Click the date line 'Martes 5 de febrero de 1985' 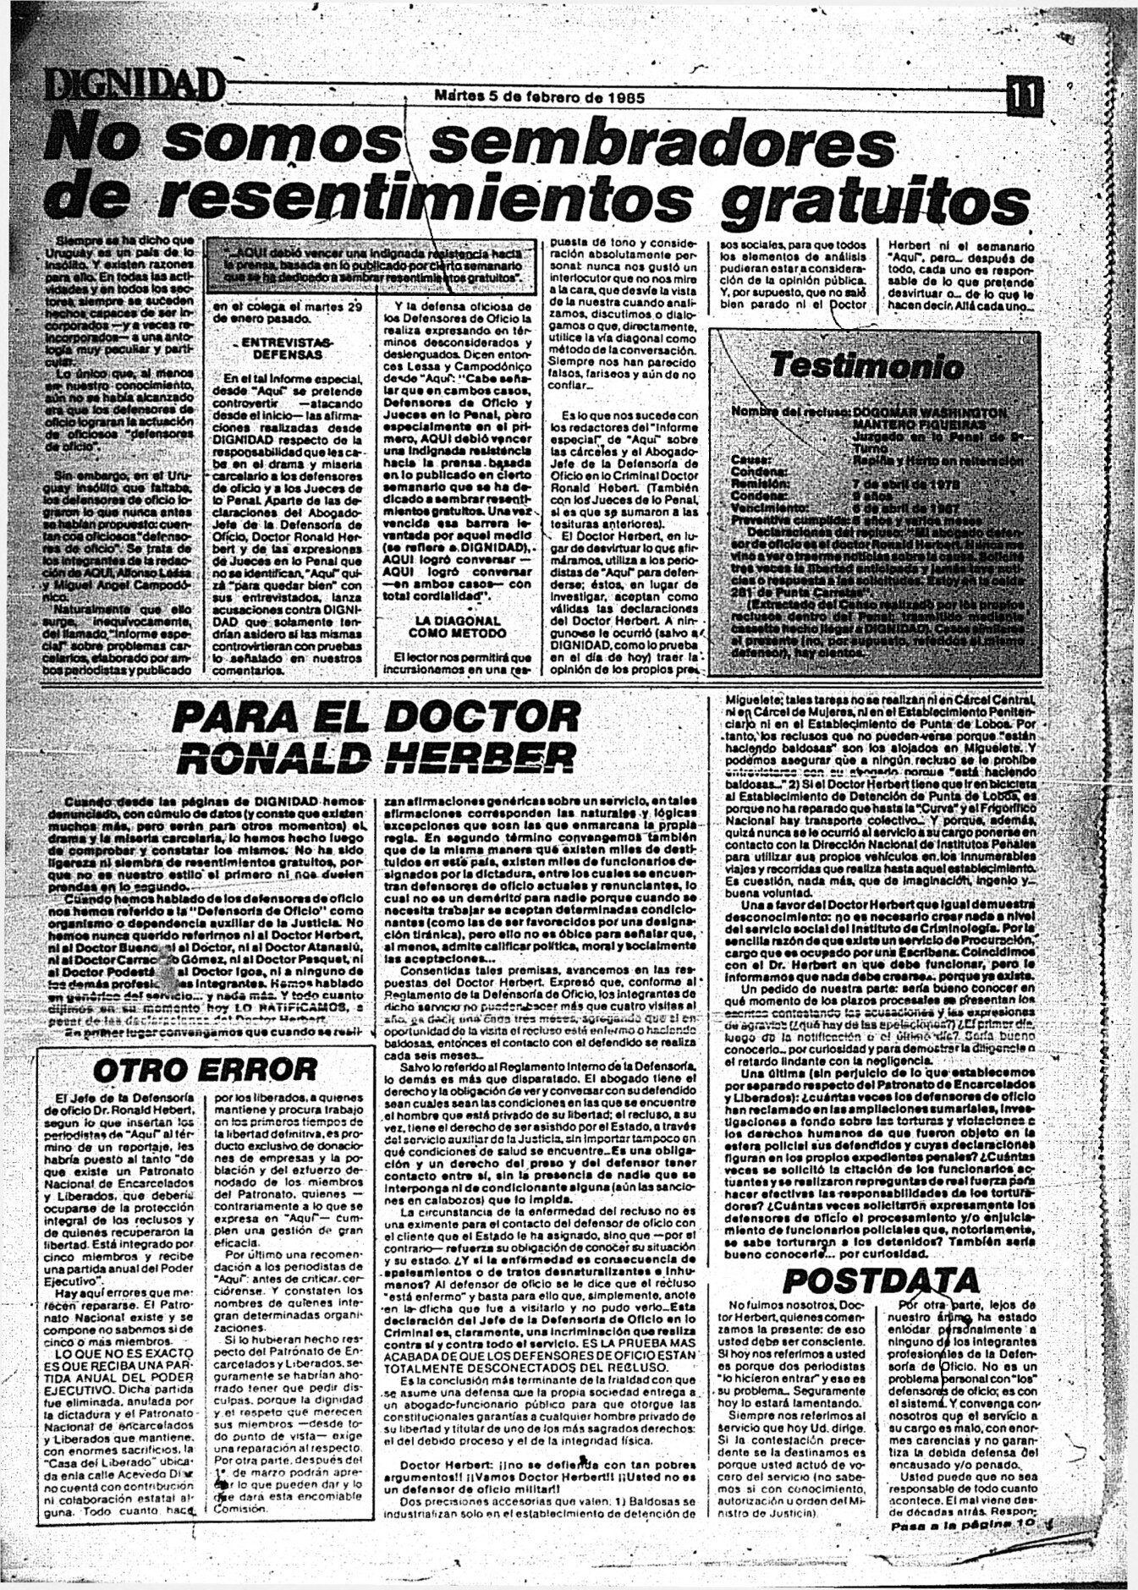point(539,96)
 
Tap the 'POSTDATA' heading point(880,1280)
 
